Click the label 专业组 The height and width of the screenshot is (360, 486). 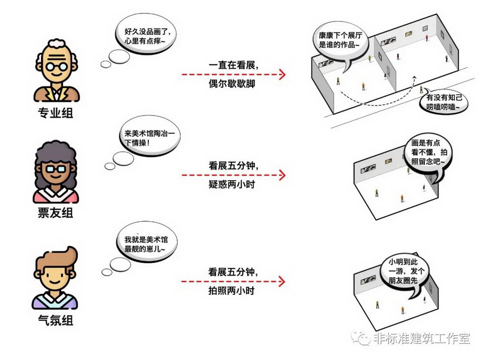pyautogui.click(x=56, y=112)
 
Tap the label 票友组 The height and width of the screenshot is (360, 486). pyautogui.click(x=56, y=213)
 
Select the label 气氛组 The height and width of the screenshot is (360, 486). pyautogui.click(x=56, y=319)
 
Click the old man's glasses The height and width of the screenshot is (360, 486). pyautogui.click(x=57, y=66)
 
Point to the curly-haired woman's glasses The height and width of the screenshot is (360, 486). pyautogui.click(x=56, y=169)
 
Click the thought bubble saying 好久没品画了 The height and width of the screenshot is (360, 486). pyautogui.click(x=146, y=35)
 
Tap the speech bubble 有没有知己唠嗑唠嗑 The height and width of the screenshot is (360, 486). pyautogui.click(x=444, y=102)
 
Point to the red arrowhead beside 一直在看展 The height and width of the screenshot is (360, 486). pyautogui.click(x=282, y=74)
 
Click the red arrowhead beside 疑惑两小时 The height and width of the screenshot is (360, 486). pyautogui.click(x=282, y=175)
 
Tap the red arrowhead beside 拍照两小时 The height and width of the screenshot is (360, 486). pyautogui.click(x=282, y=282)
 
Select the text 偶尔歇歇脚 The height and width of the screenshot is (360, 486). pyautogui.click(x=232, y=84)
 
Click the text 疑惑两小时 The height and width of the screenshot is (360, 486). pyautogui.click(x=232, y=184)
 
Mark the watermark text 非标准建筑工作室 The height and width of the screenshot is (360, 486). pyautogui.click(x=422, y=338)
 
